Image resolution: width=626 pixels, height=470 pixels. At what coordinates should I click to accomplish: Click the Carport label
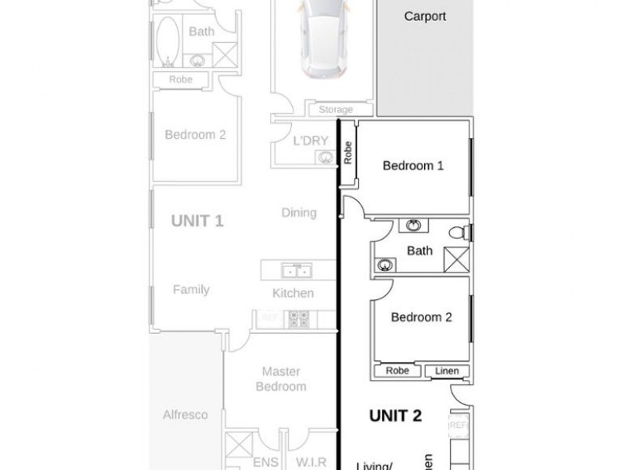pyautogui.click(x=425, y=16)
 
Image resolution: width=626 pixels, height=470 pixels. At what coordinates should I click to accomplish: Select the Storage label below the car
pyautogui.click(x=335, y=110)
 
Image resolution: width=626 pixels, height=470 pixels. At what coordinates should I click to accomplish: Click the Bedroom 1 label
pyautogui.click(x=413, y=165)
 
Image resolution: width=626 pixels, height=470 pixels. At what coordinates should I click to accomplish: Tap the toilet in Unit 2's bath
pyautogui.click(x=465, y=232)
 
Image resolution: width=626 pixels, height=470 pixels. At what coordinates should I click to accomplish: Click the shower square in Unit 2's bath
pyautogui.click(x=456, y=258)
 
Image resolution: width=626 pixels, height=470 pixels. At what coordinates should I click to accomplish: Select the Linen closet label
pyautogui.click(x=448, y=371)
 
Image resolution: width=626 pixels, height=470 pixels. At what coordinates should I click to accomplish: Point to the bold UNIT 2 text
pyautogui.click(x=395, y=416)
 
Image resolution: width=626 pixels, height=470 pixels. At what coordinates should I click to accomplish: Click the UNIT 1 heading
pyautogui.click(x=197, y=221)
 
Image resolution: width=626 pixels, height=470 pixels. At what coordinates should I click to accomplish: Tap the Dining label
pyautogui.click(x=298, y=212)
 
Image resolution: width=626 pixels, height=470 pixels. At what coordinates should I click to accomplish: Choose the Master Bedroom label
pyautogui.click(x=282, y=379)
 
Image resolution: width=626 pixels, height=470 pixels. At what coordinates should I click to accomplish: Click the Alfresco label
pyautogui.click(x=185, y=414)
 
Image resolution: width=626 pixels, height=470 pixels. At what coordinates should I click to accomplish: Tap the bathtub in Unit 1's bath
pyautogui.click(x=167, y=39)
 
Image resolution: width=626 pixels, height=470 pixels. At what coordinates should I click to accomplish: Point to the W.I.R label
pyautogui.click(x=311, y=462)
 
